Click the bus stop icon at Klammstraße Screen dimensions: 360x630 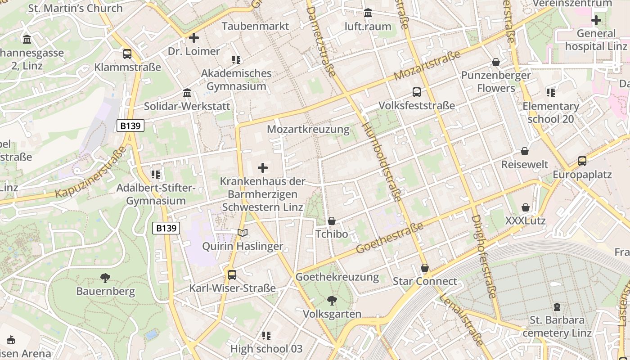[x=127, y=54]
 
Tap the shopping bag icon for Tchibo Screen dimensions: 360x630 [x=332, y=221]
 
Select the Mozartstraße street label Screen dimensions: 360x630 [x=427, y=66]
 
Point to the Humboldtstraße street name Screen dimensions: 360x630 [x=382, y=162]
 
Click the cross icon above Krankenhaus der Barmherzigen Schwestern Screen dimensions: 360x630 [x=263, y=168]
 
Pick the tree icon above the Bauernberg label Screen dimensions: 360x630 [x=105, y=278]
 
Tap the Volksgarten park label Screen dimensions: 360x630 [x=332, y=314]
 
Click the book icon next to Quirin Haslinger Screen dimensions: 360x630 [x=243, y=233]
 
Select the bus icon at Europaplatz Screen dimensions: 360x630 [x=582, y=161]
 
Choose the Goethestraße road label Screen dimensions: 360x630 [x=390, y=238]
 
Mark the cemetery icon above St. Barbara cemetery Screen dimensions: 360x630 [x=557, y=307]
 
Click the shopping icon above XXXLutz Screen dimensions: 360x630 [x=525, y=207]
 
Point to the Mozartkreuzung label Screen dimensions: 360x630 [x=308, y=130]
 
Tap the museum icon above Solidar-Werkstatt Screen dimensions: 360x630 [x=187, y=93]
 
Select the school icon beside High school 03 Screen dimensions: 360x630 [x=266, y=335]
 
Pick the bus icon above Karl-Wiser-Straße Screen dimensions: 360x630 [x=232, y=274]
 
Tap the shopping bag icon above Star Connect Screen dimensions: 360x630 [x=424, y=268]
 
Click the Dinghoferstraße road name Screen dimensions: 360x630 [x=484, y=256]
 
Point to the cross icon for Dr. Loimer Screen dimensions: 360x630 [x=194, y=38]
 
